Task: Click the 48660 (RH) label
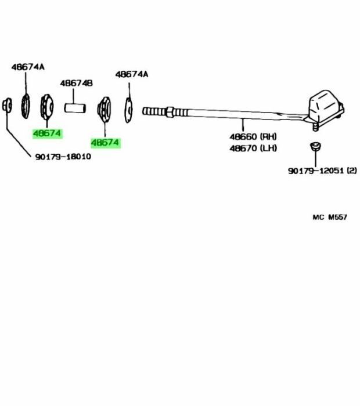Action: click(x=253, y=137)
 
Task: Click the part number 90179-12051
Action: click(x=316, y=171)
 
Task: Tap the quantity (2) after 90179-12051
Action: click(x=351, y=171)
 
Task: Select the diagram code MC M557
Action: click(x=329, y=217)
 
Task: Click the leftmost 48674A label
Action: click(x=27, y=67)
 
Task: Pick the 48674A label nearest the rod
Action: click(x=132, y=74)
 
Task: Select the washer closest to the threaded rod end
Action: click(x=129, y=108)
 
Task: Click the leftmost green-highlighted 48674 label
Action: click(x=47, y=133)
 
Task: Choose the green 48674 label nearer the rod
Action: click(x=105, y=142)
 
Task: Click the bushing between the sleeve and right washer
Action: click(x=105, y=108)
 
